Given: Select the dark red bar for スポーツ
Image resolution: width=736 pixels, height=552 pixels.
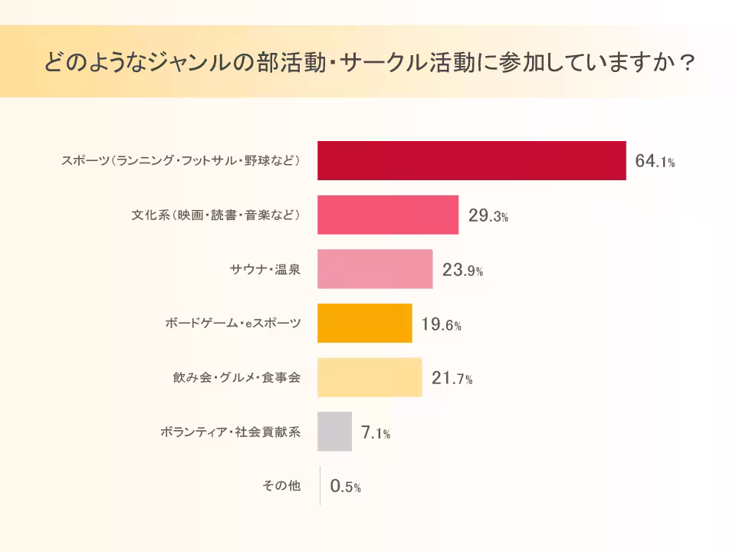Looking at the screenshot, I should coord(472,161).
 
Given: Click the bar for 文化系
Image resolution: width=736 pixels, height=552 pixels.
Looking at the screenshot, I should coord(388,215).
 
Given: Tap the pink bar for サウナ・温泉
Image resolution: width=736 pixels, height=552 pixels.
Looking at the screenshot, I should coord(375,269).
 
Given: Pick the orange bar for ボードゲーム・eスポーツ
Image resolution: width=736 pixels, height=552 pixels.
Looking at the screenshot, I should coord(365,324).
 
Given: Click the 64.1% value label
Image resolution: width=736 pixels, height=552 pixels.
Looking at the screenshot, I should coord(655,162).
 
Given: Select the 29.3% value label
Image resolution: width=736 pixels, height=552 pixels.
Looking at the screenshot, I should coord(488,216).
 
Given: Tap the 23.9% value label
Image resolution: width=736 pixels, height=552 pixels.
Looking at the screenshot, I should coord(462,271).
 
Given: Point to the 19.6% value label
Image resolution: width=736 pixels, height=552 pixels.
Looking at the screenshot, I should coord(441,325).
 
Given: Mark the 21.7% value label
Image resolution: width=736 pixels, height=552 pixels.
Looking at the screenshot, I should coord(452,379).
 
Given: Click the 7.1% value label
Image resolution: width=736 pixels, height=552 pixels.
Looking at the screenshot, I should coord(376,433).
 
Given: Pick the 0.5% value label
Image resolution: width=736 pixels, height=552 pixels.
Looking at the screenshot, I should coord(345,487).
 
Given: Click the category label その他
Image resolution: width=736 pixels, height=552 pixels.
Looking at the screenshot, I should coord(281,486).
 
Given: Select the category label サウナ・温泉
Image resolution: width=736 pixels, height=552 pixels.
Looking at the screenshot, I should coord(264,270).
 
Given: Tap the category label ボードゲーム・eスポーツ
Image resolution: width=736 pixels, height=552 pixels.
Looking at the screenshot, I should coord(232,324).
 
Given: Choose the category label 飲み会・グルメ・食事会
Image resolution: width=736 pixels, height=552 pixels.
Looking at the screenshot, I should coord(236,378).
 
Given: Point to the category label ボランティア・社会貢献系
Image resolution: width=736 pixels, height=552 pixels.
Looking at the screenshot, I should coord(230,432).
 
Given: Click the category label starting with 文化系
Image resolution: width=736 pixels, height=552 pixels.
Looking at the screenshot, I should coord(215,215).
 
